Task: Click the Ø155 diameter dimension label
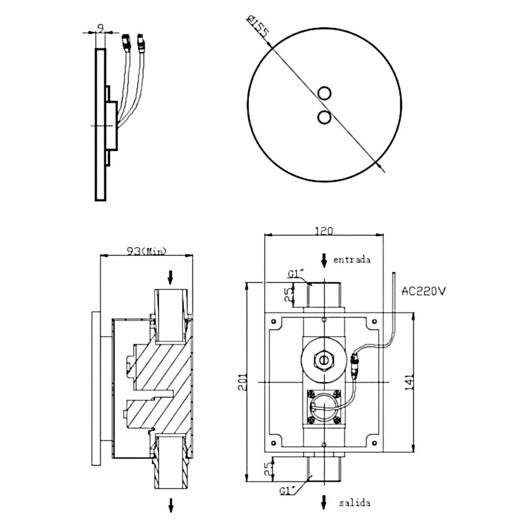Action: click(258, 26)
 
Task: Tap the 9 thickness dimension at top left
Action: click(100, 27)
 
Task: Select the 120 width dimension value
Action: click(324, 231)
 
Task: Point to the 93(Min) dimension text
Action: click(146, 251)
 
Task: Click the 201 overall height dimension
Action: click(243, 382)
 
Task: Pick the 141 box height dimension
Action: click(409, 382)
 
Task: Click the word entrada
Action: click(352, 260)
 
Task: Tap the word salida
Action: click(355, 503)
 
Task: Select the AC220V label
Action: click(423, 291)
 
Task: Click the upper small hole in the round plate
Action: click(324, 93)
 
